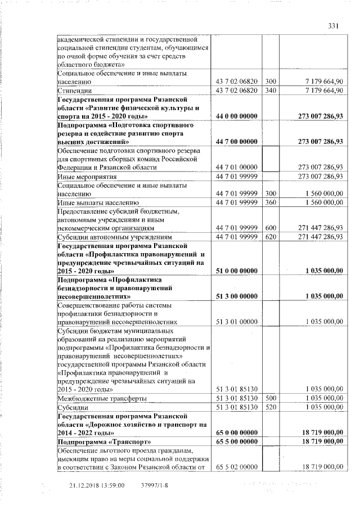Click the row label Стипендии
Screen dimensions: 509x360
(73, 90)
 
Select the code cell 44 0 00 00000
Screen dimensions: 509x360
(236, 116)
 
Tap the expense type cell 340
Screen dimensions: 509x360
(271, 90)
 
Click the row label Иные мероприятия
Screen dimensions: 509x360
(84, 177)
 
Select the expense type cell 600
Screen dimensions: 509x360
(271, 228)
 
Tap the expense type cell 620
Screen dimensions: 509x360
(271, 237)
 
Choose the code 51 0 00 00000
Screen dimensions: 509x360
(236, 271)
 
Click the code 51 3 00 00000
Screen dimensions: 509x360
(236, 296)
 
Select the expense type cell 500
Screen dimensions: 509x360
(271, 398)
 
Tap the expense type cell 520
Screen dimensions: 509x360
(271, 407)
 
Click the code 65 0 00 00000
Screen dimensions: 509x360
(236, 433)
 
